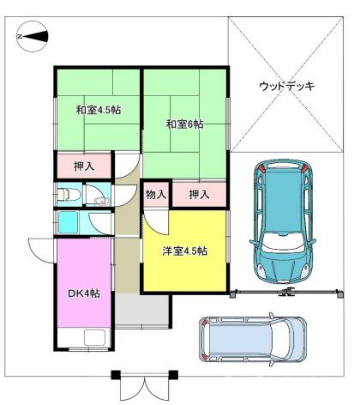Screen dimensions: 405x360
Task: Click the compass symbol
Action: click(x=31, y=38)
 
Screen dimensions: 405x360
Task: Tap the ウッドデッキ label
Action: click(x=287, y=87)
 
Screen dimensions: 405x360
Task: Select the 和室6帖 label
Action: click(x=184, y=124)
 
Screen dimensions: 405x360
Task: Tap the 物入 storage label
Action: click(x=156, y=195)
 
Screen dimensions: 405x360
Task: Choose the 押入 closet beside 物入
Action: click(x=199, y=195)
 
